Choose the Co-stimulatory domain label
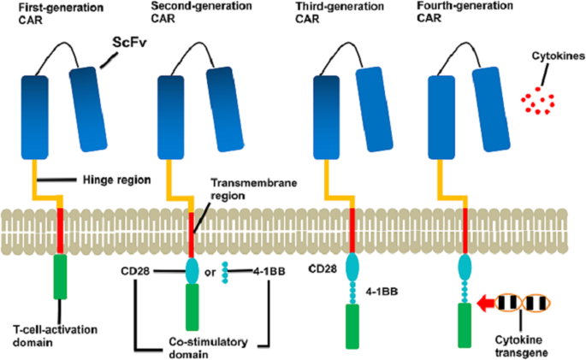(x=201, y=347)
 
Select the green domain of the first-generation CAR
(x=60, y=274)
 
